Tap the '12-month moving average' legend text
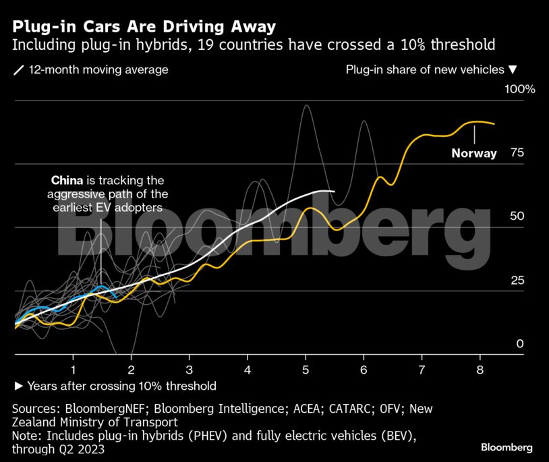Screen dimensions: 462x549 [98, 69]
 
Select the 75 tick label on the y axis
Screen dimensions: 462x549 [517, 152]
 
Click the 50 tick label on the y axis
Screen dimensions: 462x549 [517, 216]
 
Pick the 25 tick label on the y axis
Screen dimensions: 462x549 [517, 280]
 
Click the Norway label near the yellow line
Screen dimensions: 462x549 [474, 153]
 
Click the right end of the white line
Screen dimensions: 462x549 [334, 192]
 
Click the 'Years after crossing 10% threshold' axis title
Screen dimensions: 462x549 [121, 386]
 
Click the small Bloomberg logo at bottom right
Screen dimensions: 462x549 [507, 447]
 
